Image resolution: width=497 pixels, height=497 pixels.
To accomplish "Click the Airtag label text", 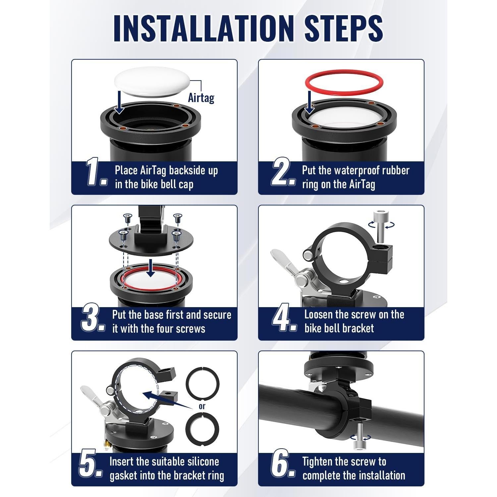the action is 201,97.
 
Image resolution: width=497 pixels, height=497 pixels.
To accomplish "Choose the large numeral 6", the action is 283,464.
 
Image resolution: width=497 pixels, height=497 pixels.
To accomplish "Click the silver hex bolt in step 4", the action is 380,226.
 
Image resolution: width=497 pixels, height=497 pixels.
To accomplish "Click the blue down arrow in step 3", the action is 151,268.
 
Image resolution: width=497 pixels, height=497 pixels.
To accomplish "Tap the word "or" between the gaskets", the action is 202,406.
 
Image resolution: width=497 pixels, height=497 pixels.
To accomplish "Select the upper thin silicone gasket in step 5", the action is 202,384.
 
